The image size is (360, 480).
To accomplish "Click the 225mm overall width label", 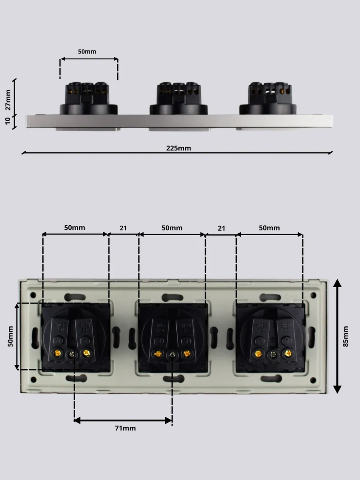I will pyautogui.click(x=178, y=148).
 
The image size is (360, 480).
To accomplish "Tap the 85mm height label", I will pyautogui.click(x=346, y=336).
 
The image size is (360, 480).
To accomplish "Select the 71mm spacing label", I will pyautogui.click(x=125, y=428).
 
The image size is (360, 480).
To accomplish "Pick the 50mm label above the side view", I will pyautogui.click(x=87, y=52).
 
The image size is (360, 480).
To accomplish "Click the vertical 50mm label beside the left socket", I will pyautogui.click(x=11, y=336).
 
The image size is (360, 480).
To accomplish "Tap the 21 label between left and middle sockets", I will pyautogui.click(x=123, y=228).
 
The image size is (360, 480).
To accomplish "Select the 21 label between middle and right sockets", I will pyautogui.click(x=221, y=228).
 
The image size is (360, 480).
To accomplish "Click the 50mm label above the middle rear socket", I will pyautogui.click(x=172, y=228).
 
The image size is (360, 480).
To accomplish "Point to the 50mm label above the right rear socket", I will pyautogui.click(x=269, y=228).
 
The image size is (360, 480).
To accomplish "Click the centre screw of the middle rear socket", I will pyautogui.click(x=172, y=354).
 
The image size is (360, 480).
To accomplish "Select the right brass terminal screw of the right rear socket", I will pyautogui.click(x=287, y=353).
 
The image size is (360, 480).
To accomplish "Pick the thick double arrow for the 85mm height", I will pyautogui.click(x=337, y=336).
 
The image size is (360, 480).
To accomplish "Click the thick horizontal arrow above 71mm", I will pyautogui.click(x=123, y=420).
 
